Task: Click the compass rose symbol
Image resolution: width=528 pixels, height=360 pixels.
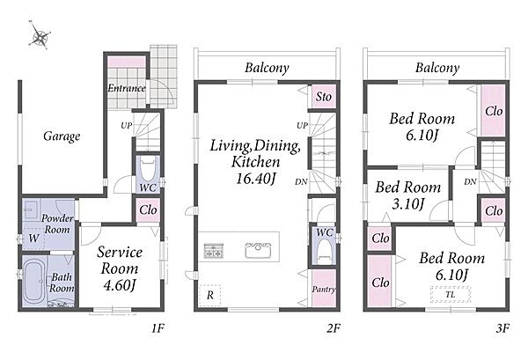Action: [x=40, y=35]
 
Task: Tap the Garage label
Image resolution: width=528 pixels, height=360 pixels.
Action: [x=62, y=136]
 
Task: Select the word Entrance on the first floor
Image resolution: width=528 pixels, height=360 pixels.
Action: [x=127, y=88]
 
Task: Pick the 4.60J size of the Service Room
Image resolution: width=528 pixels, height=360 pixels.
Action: [x=120, y=285]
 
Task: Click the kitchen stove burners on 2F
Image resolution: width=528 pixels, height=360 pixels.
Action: [x=214, y=251]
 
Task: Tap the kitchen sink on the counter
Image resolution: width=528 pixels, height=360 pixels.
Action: [x=258, y=250]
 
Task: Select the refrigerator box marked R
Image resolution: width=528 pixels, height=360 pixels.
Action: [x=209, y=296]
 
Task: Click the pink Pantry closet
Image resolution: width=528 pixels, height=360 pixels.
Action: [x=324, y=289]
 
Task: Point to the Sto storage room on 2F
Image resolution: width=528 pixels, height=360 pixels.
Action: [x=323, y=96]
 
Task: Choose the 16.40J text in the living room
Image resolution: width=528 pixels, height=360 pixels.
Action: [x=256, y=178]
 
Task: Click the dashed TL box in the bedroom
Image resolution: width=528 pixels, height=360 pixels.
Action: [x=451, y=294]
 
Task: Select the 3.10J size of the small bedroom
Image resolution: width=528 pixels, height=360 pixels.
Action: [x=407, y=203]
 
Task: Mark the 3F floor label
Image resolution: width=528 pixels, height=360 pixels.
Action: [x=502, y=328]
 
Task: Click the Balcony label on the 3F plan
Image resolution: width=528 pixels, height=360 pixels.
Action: [x=437, y=68]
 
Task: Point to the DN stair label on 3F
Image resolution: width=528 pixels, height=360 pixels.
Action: [x=471, y=182]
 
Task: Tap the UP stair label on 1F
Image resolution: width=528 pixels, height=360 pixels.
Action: [x=127, y=126]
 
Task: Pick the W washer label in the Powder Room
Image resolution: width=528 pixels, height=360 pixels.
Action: [x=33, y=239]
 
